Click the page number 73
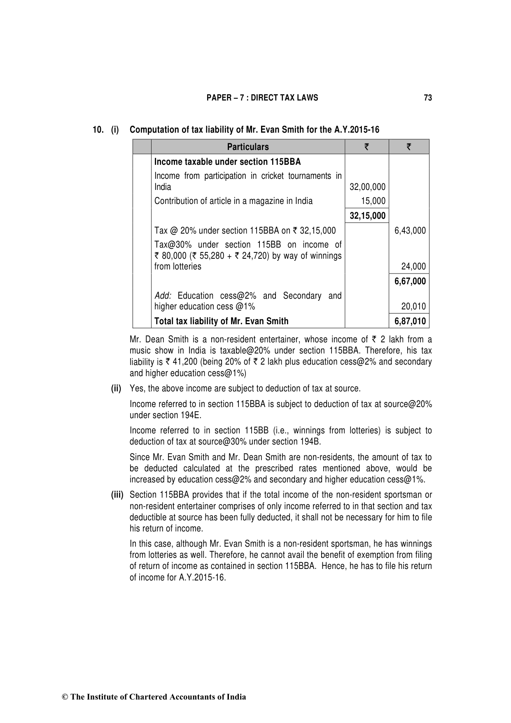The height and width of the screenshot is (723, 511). click(x=428, y=98)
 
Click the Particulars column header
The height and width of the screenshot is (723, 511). click(x=248, y=147)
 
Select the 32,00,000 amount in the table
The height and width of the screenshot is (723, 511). click(x=367, y=187)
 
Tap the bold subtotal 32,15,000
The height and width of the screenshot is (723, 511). click(x=367, y=216)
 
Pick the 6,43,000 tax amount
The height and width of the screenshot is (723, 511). click(x=410, y=231)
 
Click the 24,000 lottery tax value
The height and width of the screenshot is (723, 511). click(x=413, y=267)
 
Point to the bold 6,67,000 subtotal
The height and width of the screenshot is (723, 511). click(x=410, y=281)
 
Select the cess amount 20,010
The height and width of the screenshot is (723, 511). click(x=413, y=307)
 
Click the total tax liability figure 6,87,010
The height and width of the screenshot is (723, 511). click(x=410, y=321)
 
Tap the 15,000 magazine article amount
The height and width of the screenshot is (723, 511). click(x=373, y=201)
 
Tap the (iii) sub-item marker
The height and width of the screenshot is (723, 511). click(x=117, y=495)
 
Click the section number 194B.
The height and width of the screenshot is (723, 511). click(x=310, y=442)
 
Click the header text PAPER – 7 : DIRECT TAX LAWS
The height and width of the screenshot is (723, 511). click(x=262, y=98)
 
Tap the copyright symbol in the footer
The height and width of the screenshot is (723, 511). click(x=65, y=697)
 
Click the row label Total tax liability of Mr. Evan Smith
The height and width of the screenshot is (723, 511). click(x=221, y=321)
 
